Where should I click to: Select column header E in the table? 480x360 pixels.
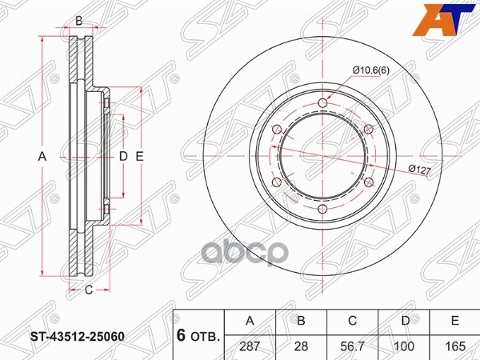pyautogui.click(x=455, y=321)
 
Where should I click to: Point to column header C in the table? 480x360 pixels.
pyautogui.click(x=354, y=321)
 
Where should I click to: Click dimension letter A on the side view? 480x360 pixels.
pyautogui.click(x=42, y=158)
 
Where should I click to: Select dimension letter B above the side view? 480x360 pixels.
pyautogui.click(x=78, y=20)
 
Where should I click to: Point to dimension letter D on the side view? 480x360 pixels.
pyautogui.click(x=123, y=158)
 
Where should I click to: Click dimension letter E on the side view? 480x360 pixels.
pyautogui.click(x=139, y=158)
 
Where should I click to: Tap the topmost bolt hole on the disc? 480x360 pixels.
pyautogui.click(x=322, y=103)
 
